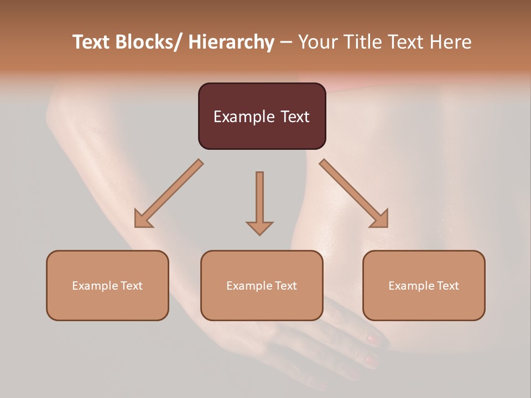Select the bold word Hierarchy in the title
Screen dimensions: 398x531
click(x=231, y=42)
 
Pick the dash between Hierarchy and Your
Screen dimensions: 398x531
click(x=286, y=43)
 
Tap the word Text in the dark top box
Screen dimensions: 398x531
click(x=294, y=117)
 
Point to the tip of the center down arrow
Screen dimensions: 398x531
click(x=259, y=233)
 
